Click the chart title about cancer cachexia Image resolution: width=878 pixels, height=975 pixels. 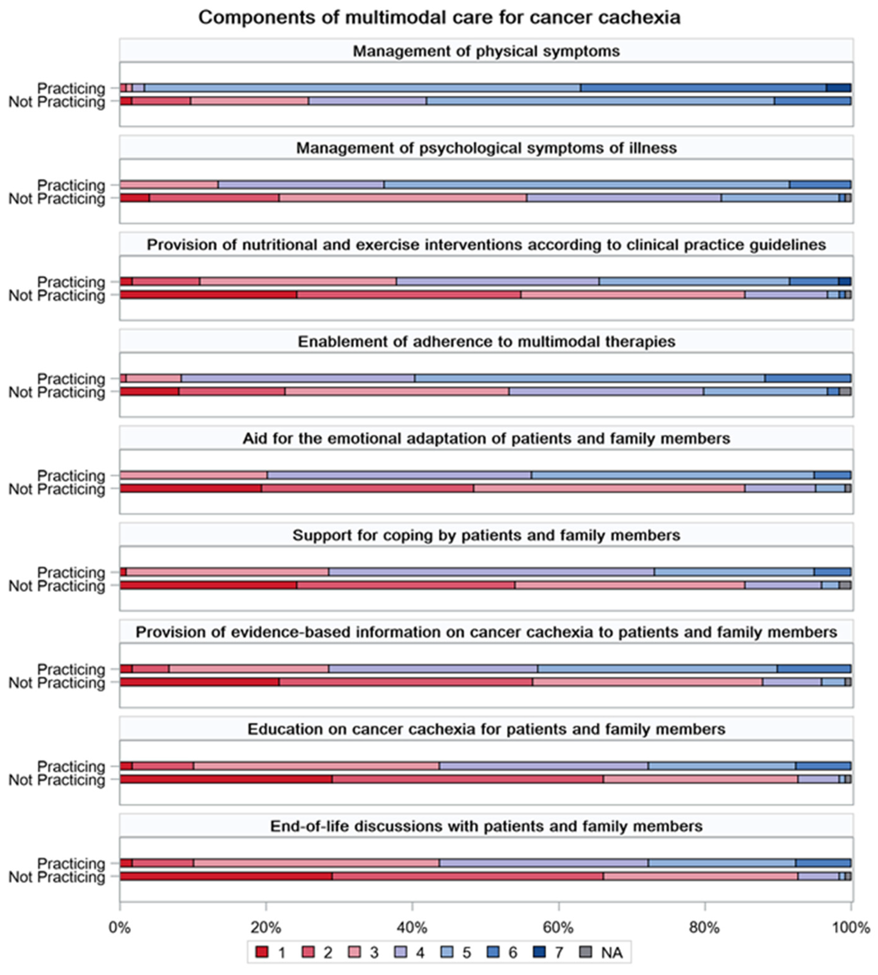[439, 17]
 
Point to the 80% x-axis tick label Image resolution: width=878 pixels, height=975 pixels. [704, 927]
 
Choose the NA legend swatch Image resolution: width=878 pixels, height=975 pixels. [585, 952]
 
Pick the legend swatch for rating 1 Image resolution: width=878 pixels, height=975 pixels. [262, 952]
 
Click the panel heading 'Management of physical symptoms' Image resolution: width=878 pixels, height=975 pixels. [486, 51]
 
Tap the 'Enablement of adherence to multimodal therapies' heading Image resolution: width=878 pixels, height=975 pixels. [486, 341]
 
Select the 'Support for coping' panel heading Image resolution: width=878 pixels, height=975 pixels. [486, 535]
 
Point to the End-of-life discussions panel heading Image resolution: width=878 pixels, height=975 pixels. [486, 826]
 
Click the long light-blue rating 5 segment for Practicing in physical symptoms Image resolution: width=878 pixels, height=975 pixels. [362, 88]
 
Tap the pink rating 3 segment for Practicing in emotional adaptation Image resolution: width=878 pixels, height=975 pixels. [193, 475]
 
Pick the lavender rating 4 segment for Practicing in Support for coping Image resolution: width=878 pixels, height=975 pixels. [491, 572]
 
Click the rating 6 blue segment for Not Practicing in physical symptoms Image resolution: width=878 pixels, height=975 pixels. [813, 101]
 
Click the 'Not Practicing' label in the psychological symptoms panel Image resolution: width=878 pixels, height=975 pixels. [57, 199]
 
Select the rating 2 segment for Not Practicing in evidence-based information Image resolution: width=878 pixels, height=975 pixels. [406, 682]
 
